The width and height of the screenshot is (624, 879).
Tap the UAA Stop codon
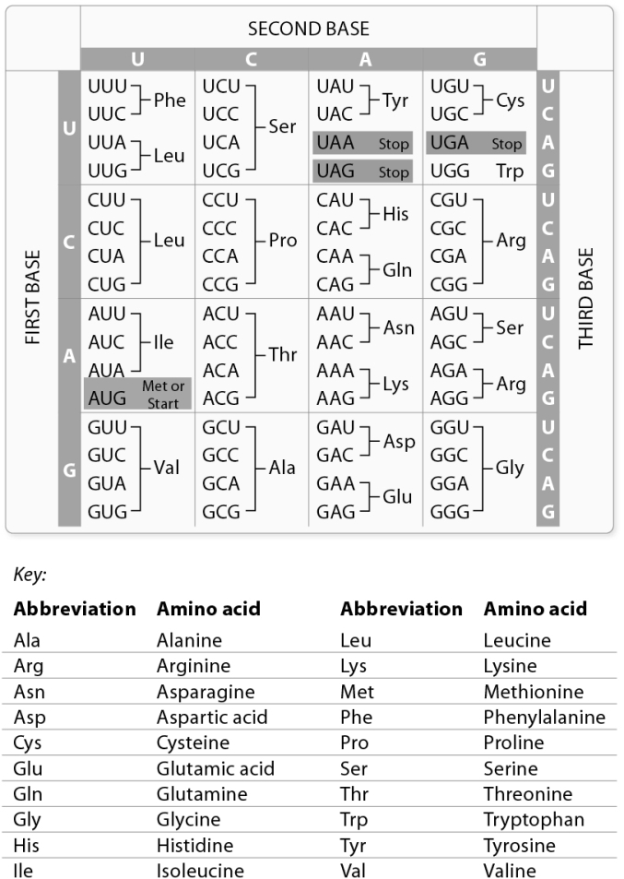362,143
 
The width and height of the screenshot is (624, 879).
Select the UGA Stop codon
476,143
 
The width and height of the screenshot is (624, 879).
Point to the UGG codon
450,171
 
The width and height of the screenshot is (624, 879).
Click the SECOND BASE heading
308,29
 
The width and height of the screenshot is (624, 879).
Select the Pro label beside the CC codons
283,240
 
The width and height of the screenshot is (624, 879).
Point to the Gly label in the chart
510,468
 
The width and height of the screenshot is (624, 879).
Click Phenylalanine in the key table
544,717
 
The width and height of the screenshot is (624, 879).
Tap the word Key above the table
29,574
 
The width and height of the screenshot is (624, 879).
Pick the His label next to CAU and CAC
395,214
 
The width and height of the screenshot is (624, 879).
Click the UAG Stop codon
362,171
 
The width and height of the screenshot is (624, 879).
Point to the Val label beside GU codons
167,468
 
